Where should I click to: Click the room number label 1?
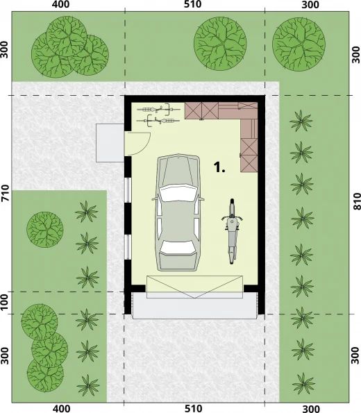click(x=219, y=167)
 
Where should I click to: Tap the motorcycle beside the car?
click(x=232, y=232)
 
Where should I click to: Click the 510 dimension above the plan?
click(x=193, y=5)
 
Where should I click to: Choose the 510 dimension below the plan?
click(x=193, y=408)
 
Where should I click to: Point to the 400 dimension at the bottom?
click(x=61, y=408)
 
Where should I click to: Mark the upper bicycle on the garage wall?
click(x=155, y=109)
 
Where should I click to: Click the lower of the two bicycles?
click(x=161, y=120)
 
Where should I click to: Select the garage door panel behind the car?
click(x=195, y=285)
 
